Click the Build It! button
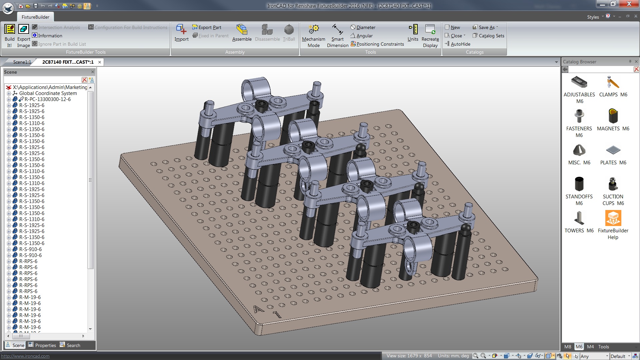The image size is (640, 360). click(9, 35)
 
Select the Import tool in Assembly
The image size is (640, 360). click(181, 33)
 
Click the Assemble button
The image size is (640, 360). click(242, 33)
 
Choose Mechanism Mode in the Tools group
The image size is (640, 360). click(313, 35)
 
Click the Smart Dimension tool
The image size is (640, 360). click(337, 35)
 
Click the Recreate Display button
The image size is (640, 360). click(430, 35)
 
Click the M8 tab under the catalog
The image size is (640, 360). click(568, 347)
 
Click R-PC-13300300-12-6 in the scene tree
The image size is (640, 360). click(47, 99)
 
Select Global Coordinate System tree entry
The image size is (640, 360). click(48, 93)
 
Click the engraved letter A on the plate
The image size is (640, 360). click(258, 310)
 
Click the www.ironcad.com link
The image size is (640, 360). click(25, 356)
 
